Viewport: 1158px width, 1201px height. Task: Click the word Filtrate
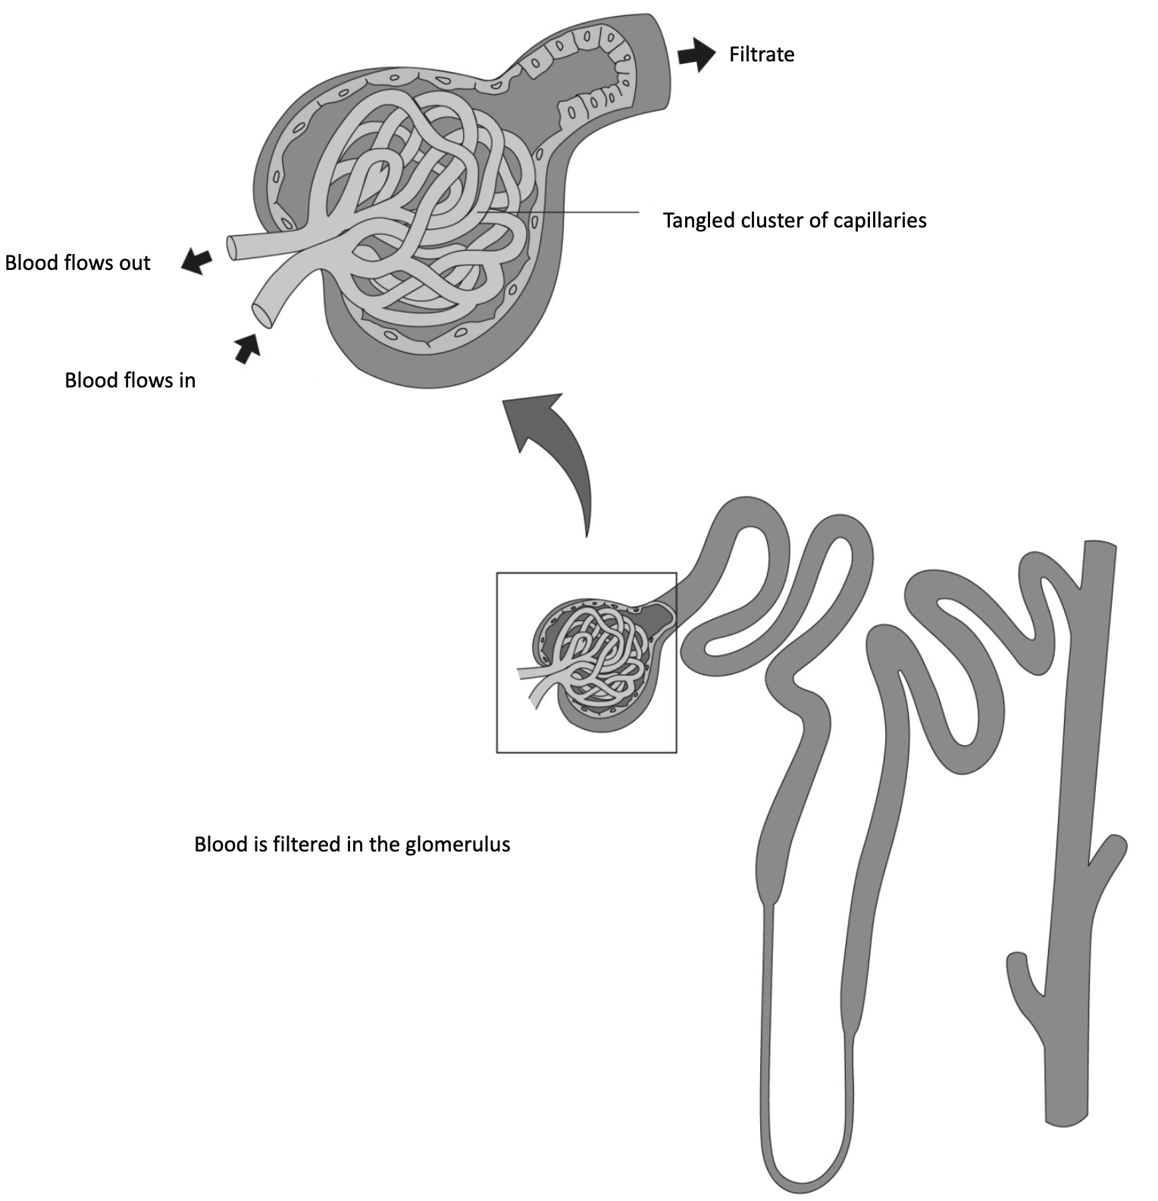[x=761, y=55]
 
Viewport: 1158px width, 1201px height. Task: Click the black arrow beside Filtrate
[x=696, y=55]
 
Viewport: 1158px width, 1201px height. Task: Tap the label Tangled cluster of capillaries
[x=794, y=221]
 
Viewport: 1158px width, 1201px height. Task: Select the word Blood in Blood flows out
[x=30, y=263]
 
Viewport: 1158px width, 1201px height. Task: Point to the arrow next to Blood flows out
[x=196, y=261]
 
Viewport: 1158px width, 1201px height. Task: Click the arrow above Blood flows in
[x=247, y=348]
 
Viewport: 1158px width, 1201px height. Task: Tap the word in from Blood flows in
[x=186, y=380]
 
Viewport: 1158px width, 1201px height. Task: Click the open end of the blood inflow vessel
[x=263, y=315]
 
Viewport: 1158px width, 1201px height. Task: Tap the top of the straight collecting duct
[x=1100, y=547]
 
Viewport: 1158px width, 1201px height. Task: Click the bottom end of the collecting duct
[x=1066, y=1118]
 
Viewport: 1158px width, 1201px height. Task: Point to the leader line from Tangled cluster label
[x=576, y=212]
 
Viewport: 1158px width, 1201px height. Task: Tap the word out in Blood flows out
[x=135, y=263]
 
